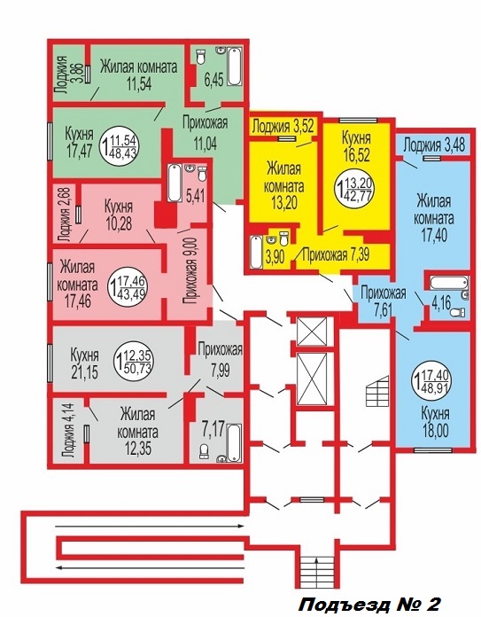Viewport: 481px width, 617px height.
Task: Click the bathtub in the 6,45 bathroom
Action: [234, 66]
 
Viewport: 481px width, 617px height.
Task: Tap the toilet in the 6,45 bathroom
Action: [202, 57]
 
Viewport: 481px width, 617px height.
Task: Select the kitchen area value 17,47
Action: [80, 151]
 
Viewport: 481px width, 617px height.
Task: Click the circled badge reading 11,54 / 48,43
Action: [120, 145]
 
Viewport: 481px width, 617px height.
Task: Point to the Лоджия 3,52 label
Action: [283, 126]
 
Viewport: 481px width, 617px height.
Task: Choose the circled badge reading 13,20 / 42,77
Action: [354, 189]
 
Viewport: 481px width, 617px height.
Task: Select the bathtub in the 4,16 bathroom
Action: [449, 284]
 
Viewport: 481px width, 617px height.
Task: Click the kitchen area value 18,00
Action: [435, 431]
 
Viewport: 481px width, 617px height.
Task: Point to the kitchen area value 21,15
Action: [84, 371]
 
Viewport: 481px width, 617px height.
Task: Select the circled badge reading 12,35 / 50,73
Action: [134, 361]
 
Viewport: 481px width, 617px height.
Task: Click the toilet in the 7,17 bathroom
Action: [204, 451]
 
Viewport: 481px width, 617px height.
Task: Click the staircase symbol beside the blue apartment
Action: [377, 392]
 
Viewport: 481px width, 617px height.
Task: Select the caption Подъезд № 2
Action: [370, 603]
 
